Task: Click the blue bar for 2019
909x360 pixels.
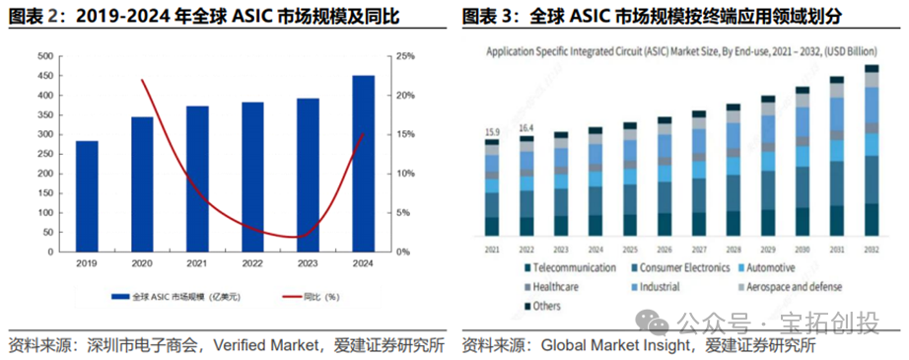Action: [88, 196]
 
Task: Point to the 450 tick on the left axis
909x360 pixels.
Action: [44, 76]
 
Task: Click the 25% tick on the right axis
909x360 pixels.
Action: [404, 56]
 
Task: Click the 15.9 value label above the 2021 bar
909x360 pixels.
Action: [491, 132]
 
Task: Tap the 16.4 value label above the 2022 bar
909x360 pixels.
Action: [527, 128]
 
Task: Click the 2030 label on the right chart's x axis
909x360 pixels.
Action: [803, 249]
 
